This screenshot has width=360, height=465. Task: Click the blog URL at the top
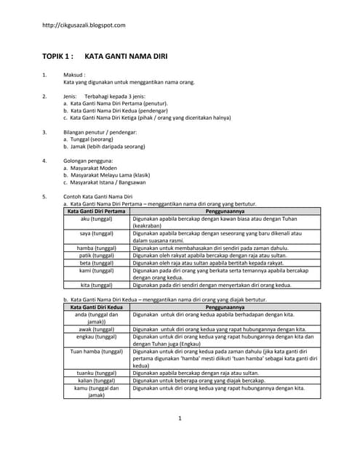click(84, 25)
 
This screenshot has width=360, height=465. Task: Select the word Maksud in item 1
click(74, 75)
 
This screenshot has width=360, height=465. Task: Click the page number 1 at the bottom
click(180, 418)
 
